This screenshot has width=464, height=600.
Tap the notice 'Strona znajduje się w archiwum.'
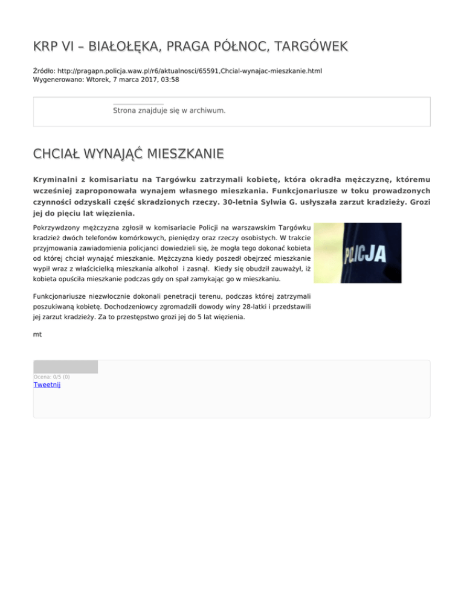[x=169, y=111]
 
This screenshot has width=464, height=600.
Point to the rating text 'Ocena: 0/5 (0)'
[x=51, y=377]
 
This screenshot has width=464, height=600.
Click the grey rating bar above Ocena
[x=65, y=366]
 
